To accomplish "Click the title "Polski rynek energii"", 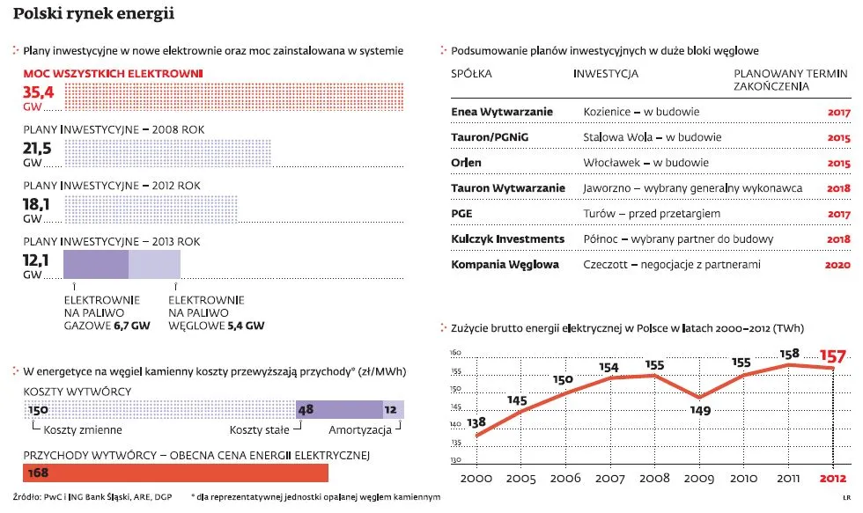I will pos(93,14).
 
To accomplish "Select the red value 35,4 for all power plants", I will pos(38,92).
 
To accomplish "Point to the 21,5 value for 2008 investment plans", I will pos(38,147).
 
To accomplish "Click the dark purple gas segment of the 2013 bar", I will pos(96,264).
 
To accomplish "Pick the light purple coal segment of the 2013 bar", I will pos(154,264).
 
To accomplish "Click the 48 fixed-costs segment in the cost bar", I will pos(340,410).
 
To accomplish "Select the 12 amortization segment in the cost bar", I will pos(393,410).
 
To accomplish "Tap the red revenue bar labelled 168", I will pos(176,473).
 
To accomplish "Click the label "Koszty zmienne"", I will pos(82,430).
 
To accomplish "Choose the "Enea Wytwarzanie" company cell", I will pos(502,113).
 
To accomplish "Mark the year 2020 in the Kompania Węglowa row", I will pos(838,265).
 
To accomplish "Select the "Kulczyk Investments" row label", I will pos(508,239).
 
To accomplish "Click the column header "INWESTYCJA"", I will pos(606,74).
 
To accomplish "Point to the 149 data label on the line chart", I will pos(700,409).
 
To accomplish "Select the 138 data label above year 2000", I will pos(476,422).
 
